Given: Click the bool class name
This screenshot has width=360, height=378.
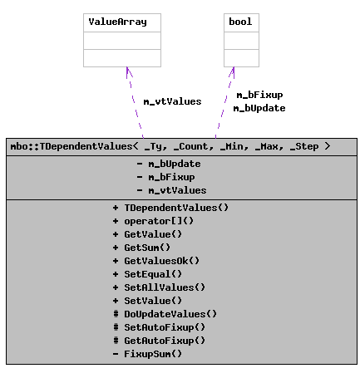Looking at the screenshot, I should click(x=239, y=22).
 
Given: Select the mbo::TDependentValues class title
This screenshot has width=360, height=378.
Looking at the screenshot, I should click(x=170, y=146).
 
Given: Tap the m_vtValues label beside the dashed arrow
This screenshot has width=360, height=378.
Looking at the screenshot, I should click(x=172, y=101).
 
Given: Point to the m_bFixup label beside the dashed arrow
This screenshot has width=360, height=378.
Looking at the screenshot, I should click(x=259, y=95).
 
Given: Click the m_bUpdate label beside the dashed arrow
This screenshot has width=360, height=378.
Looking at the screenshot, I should click(x=259, y=108).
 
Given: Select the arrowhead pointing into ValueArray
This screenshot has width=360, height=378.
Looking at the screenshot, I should click(x=126, y=72).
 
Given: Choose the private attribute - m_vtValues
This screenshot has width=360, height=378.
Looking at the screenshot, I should click(x=171, y=190).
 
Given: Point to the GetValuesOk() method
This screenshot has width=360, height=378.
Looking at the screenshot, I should click(x=161, y=261).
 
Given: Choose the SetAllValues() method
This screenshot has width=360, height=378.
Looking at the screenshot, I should click(x=165, y=287).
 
